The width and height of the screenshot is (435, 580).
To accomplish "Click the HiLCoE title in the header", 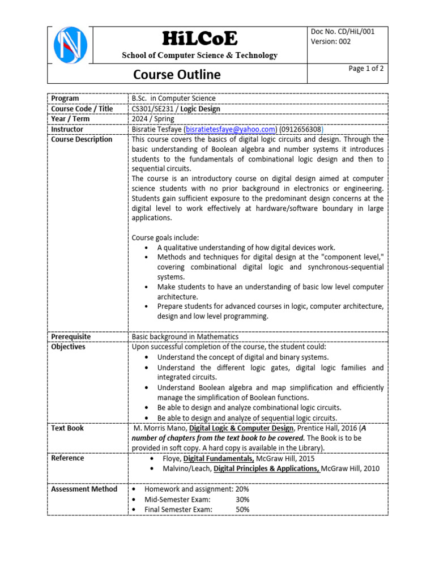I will pyautogui.click(x=200, y=39).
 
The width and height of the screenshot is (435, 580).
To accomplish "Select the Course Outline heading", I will pyautogui.click(x=177, y=75).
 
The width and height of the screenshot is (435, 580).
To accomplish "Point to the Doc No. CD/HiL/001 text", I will pyautogui.click(x=343, y=32).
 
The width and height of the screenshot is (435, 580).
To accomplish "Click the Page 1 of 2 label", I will pyautogui.click(x=366, y=69).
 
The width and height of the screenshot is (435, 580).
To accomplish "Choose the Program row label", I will pyautogui.click(x=65, y=99).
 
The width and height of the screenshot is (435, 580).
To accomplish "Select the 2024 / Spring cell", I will pyautogui.click(x=153, y=119).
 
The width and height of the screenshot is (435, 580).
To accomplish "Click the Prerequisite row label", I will pyautogui.click(x=71, y=336).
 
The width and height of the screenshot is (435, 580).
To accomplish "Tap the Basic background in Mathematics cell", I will pyautogui.click(x=185, y=336).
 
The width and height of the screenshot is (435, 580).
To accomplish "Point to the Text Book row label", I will pyautogui.click(x=67, y=428).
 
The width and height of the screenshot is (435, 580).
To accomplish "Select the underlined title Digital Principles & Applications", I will pyautogui.click(x=266, y=469).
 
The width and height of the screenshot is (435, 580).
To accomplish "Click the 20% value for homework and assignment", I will pyautogui.click(x=242, y=489).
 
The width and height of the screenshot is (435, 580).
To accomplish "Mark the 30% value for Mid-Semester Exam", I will pyautogui.click(x=242, y=500).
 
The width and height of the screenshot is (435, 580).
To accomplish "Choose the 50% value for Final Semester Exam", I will pyautogui.click(x=242, y=510).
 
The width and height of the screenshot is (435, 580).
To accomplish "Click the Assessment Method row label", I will pyautogui.click(x=84, y=489).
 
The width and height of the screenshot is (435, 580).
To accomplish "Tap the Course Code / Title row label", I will pyautogui.click(x=82, y=109).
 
